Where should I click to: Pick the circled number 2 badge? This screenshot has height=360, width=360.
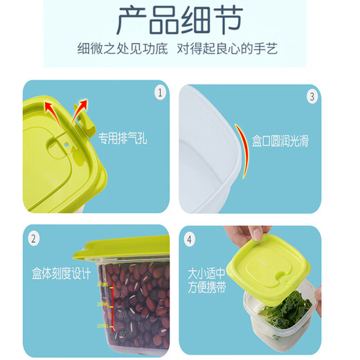(34, 239)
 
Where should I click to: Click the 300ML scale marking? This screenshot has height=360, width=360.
(102, 284)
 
